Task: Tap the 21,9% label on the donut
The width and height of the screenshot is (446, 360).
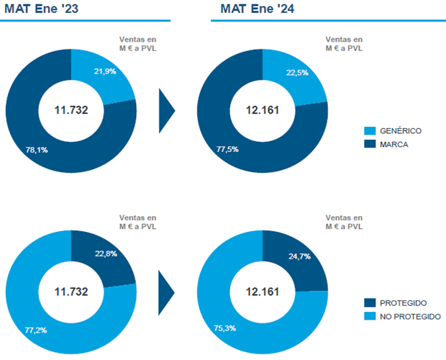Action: pos(105,71)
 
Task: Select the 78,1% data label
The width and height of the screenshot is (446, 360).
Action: pos(27,150)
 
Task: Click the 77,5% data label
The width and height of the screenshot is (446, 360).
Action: pos(227,149)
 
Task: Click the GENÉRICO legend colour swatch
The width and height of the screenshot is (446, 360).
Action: pos(370,131)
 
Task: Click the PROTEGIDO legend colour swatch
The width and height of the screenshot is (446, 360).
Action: pos(370,303)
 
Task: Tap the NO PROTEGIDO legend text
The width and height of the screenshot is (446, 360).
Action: pos(411,316)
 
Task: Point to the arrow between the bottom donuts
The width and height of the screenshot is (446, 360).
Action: pos(166,292)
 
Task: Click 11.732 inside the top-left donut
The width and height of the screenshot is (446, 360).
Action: pos(71,110)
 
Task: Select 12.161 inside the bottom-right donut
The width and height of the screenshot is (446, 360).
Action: pos(263,292)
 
